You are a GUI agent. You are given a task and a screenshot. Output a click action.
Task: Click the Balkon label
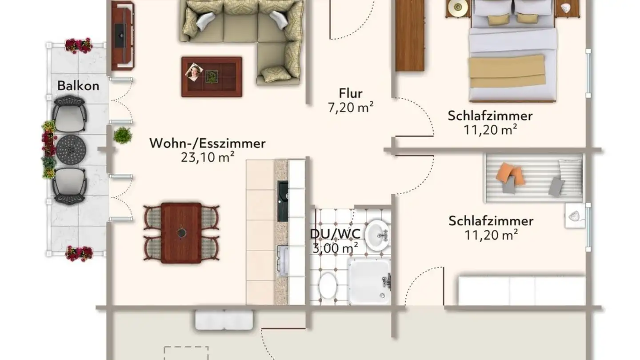click(x=78, y=86)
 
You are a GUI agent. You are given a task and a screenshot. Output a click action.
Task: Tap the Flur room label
click(x=351, y=93)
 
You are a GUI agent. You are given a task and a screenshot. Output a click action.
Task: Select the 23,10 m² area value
click(x=208, y=157)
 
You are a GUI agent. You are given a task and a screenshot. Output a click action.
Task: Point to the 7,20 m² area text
click(x=351, y=108)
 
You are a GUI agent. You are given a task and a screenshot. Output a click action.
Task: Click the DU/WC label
click(x=336, y=234)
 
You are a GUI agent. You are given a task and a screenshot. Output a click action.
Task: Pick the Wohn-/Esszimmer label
click(x=208, y=144)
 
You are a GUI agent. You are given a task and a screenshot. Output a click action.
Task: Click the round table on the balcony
click(x=70, y=149)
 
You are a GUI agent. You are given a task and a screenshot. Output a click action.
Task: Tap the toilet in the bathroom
click(x=328, y=285)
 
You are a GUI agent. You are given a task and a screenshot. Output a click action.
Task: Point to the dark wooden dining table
click(x=181, y=232)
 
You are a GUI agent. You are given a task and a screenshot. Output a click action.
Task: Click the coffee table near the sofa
click(x=212, y=76)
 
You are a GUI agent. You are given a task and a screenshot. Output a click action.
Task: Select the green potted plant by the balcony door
click(x=122, y=135)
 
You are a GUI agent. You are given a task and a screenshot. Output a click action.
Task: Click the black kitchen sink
click(x=283, y=201)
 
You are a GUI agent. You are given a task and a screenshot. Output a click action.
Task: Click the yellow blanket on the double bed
click(x=508, y=72)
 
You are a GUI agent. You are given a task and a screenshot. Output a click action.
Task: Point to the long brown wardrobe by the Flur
click(x=410, y=36)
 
